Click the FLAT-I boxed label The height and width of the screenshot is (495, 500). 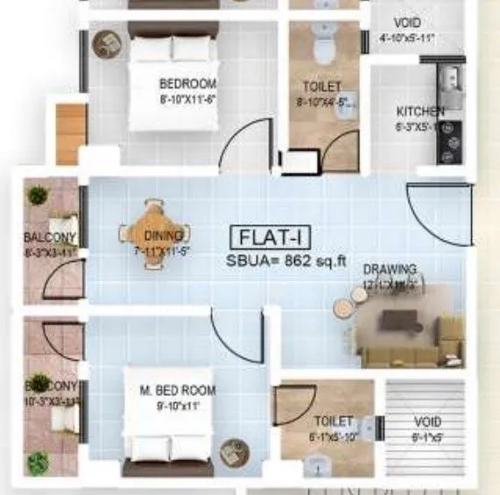[x=271, y=236]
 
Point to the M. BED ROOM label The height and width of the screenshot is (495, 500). [x=178, y=390]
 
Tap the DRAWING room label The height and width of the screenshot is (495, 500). [x=391, y=270]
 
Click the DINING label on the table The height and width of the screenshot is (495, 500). [x=164, y=235]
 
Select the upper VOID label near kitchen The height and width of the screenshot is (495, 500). [x=408, y=23]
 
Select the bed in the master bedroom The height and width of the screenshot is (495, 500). [x=168, y=429]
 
